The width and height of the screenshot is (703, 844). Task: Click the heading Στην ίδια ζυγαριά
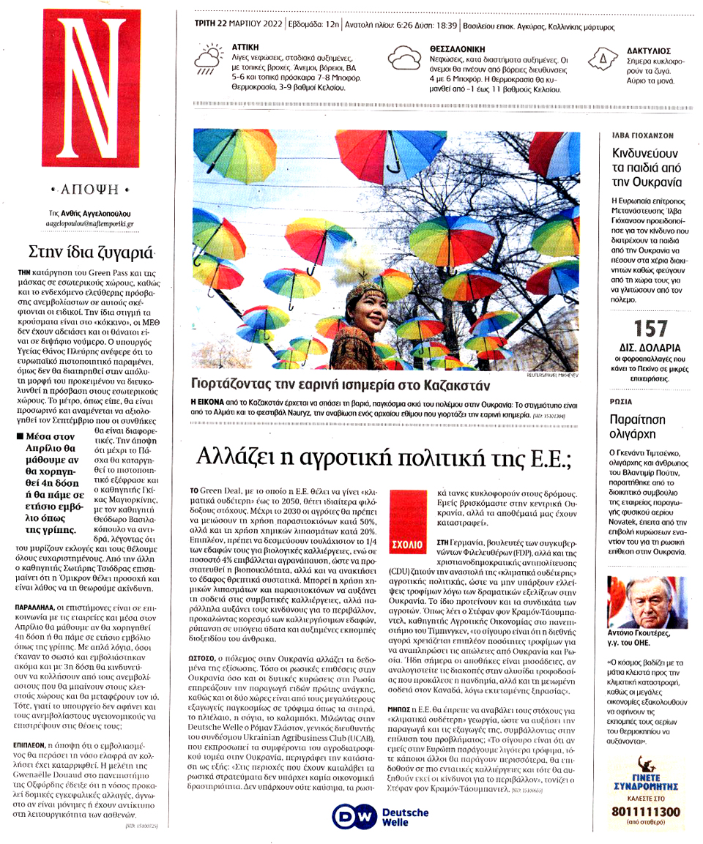tap(92, 253)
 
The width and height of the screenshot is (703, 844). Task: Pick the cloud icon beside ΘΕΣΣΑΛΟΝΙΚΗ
tap(403, 58)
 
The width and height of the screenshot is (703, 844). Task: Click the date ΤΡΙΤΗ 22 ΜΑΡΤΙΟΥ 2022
tap(241, 26)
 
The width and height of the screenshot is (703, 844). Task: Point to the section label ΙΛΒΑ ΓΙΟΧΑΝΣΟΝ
tap(642, 136)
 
